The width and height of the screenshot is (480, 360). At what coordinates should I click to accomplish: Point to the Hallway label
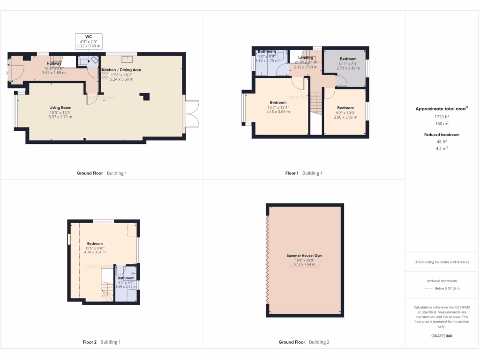[x=54, y=64]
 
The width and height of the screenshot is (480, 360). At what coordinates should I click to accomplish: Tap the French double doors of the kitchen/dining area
[x=192, y=113]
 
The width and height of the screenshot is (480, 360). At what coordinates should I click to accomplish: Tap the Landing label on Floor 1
[x=306, y=58]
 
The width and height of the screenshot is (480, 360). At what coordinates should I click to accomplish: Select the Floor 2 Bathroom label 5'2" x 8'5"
[x=126, y=278]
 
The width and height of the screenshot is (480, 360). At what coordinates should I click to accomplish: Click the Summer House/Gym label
[x=304, y=256]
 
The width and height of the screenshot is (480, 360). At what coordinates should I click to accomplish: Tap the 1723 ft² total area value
[x=441, y=116]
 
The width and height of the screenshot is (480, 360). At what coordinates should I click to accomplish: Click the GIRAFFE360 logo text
[x=441, y=336]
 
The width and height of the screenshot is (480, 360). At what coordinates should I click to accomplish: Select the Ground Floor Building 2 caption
[x=304, y=342]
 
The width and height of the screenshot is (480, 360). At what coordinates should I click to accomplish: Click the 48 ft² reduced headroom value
[x=441, y=141]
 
